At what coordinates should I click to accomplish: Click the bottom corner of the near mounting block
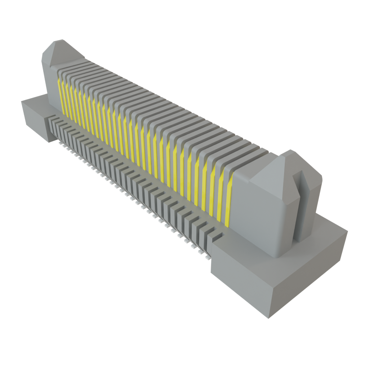[x=268, y=317]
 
